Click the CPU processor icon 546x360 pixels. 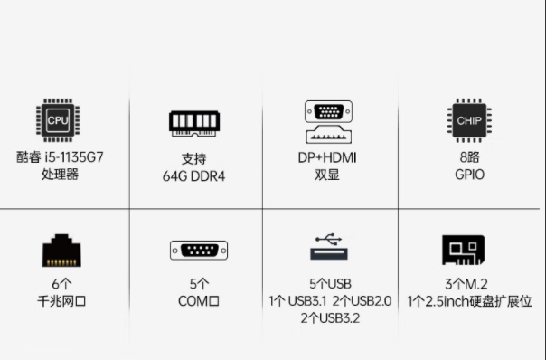(59, 120)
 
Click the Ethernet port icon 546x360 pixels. (61, 250)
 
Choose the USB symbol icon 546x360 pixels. (329, 248)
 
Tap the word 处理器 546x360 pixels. (60, 174)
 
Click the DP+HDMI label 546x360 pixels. (327, 156)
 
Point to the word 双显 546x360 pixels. (327, 174)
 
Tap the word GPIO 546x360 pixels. (469, 174)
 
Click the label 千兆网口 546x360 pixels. (61, 300)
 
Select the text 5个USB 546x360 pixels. (329, 283)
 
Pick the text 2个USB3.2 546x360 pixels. (329, 317)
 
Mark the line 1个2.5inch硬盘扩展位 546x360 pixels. (469, 300)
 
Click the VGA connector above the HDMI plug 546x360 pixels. (328, 112)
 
